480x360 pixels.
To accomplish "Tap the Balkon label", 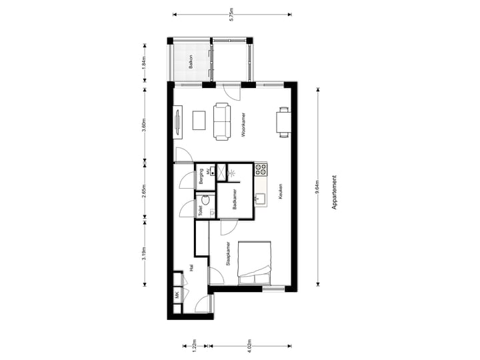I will (x=191, y=62).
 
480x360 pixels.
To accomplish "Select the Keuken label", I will (x=281, y=191).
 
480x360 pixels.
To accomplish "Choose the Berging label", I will (x=200, y=177).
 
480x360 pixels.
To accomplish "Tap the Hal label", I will (x=191, y=267).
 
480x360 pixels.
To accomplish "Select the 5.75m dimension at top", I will (x=231, y=15).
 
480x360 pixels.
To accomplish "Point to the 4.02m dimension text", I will (x=249, y=345).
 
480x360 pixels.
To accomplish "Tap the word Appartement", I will (x=334, y=193).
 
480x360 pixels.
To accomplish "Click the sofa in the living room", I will (x=222, y=121).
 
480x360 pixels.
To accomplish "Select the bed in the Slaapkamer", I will (x=256, y=263).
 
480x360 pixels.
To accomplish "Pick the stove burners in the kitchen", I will (x=260, y=169).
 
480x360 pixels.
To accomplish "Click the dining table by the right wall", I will (x=283, y=122).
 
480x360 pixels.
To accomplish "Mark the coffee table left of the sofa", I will (x=199, y=120).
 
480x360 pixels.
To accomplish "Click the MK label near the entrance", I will (x=177, y=295).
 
